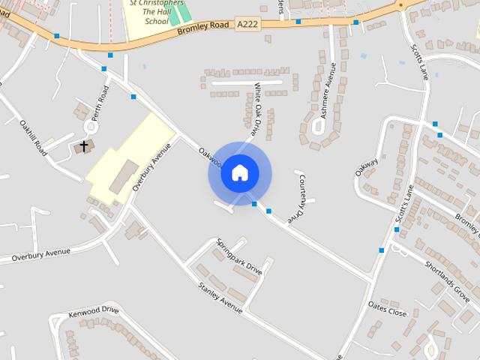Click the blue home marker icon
[239, 173]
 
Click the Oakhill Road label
[34, 136]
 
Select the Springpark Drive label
[239, 257]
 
